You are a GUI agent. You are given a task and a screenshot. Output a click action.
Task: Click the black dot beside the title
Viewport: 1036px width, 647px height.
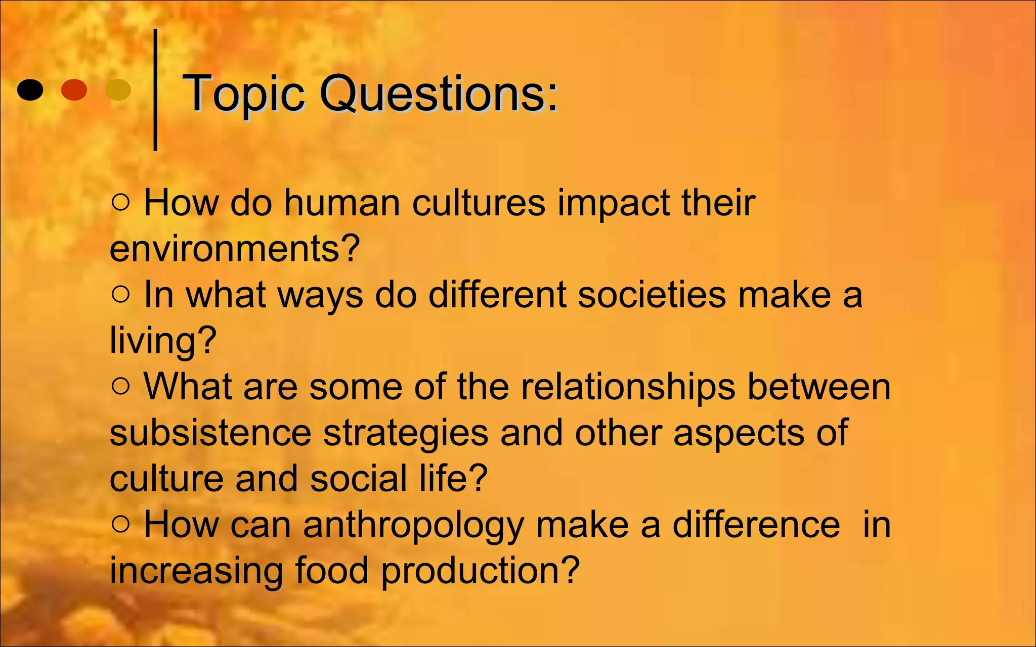30,90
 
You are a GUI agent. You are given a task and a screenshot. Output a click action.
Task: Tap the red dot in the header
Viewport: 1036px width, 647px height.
74,90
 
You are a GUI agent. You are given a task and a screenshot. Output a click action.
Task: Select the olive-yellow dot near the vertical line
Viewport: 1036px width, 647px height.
117,90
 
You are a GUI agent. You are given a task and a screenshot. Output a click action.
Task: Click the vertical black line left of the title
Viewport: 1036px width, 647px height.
155,90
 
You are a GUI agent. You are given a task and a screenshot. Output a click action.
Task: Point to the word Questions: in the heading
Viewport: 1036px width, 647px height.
439,94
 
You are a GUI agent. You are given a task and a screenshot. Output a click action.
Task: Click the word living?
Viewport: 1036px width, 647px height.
163,341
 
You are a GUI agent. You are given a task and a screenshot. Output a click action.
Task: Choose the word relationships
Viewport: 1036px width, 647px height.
628,387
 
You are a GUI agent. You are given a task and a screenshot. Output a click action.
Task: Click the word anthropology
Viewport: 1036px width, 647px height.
413,525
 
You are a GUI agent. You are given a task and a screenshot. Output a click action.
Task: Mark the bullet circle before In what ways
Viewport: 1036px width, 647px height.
121,294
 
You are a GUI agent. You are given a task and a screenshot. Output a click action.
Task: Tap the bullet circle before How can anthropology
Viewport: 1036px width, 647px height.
121,524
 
